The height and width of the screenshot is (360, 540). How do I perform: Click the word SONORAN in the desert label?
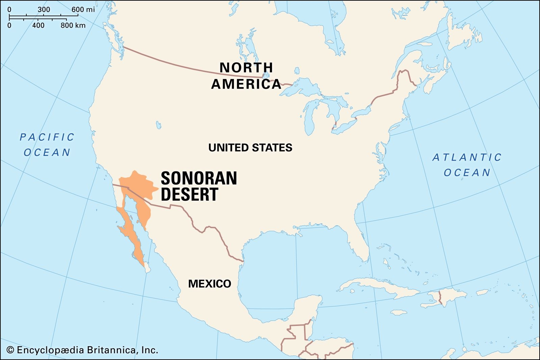click(199, 178)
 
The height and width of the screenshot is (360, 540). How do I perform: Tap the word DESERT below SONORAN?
click(189, 194)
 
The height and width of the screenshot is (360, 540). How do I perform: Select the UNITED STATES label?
click(250, 148)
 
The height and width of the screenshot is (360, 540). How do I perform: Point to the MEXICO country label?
click(210, 284)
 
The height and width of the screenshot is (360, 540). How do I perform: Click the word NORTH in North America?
click(246, 68)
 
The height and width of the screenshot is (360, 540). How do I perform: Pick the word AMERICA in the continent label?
click(246, 84)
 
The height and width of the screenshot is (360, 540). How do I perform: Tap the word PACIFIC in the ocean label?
click(47, 137)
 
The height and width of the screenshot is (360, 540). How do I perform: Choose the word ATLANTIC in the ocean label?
click(467, 158)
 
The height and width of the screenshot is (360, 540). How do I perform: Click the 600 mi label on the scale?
click(83, 9)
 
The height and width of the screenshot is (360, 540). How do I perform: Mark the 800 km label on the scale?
click(73, 25)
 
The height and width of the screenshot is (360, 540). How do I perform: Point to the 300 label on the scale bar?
click(44, 9)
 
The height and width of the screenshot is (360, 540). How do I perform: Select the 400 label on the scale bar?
click(38, 25)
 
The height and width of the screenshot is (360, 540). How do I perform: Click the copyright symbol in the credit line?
click(10, 350)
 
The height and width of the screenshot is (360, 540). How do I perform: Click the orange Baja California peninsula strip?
click(130, 236)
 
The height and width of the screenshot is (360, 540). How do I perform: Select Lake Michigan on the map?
click(308, 118)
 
